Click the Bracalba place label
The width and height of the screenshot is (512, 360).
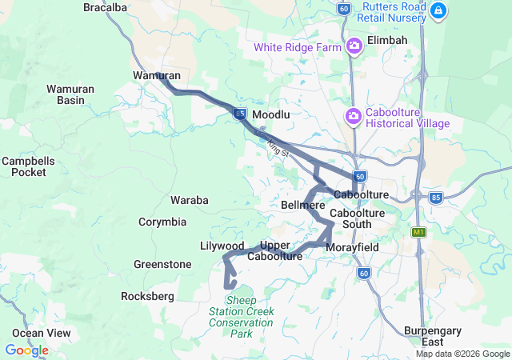tap(106, 7)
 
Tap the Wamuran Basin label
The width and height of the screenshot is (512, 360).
tap(70, 94)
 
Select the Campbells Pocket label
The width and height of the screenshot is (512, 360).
tap(28, 166)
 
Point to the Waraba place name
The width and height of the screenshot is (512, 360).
tap(190, 199)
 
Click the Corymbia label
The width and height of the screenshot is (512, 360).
tap(162, 222)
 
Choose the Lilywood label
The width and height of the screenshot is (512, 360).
tap(222, 245)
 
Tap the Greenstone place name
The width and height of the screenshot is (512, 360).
tap(162, 264)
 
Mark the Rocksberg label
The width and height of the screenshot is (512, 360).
tap(147, 296)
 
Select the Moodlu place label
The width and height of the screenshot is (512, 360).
tap(271, 116)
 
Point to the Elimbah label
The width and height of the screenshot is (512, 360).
tap(387, 40)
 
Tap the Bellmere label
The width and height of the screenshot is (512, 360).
tap(303, 206)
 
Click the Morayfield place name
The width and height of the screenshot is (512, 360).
tap(353, 248)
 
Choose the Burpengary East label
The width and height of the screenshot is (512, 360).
tap(434, 335)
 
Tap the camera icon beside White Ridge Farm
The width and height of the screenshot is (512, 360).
tap(354, 47)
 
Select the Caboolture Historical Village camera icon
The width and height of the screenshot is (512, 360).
tap(353, 118)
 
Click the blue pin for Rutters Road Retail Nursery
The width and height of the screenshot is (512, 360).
tap(438, 10)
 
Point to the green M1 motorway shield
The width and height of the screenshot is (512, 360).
tap(418, 232)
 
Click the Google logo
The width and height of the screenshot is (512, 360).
tap(26, 350)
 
